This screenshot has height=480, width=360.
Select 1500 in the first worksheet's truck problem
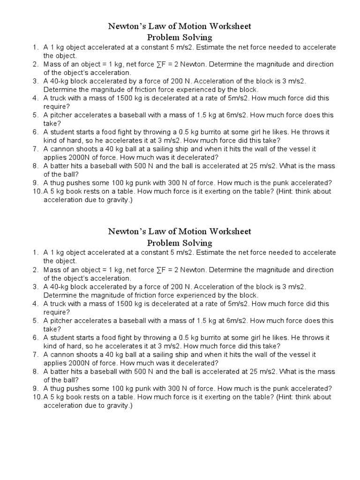(x=129, y=98)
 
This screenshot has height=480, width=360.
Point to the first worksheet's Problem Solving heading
(x=180, y=37)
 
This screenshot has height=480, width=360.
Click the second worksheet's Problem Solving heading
(x=180, y=243)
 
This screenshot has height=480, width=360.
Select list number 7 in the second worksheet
(x=35, y=354)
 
